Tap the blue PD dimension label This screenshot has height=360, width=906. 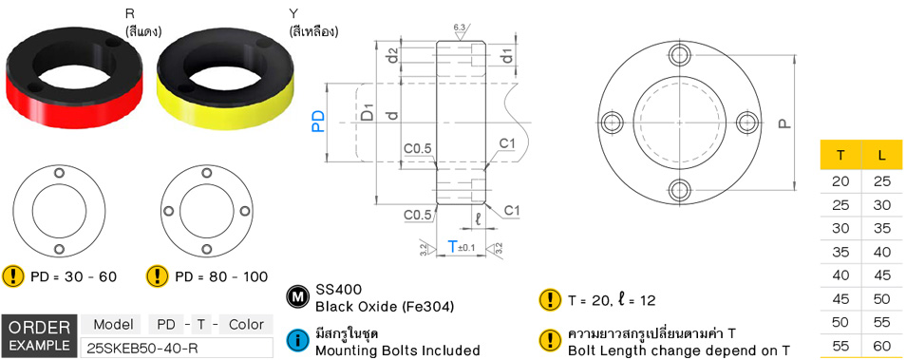pyautogui.click(x=318, y=121)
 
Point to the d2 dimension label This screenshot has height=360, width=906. pyautogui.click(x=391, y=58)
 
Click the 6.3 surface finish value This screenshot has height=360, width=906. pyautogui.click(x=460, y=28)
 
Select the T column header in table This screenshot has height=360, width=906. pyautogui.click(x=840, y=156)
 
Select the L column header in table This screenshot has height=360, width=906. pyautogui.click(x=882, y=156)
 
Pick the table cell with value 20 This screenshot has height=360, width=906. pyautogui.click(x=840, y=180)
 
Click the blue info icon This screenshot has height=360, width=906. pyautogui.click(x=297, y=340)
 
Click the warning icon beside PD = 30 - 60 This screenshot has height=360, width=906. pyautogui.click(x=13, y=276)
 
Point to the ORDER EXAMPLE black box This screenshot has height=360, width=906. pyautogui.click(x=38, y=335)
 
